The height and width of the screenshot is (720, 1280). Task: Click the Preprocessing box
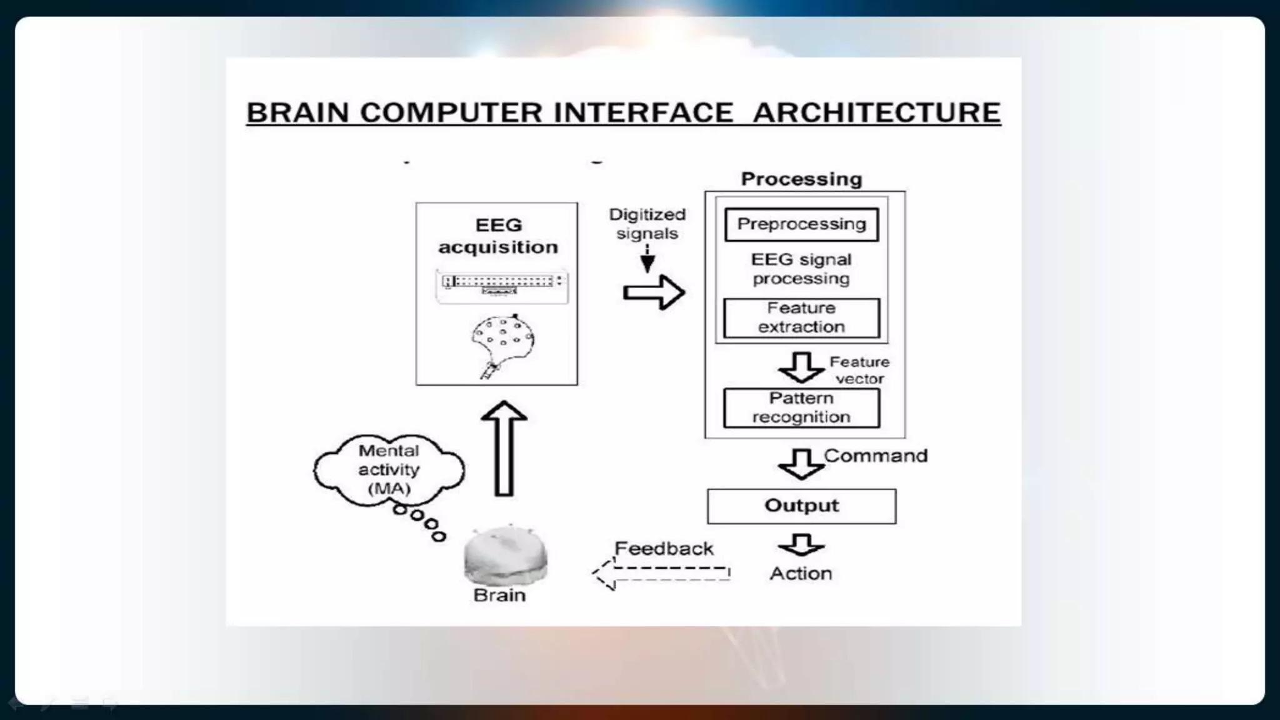pos(801,224)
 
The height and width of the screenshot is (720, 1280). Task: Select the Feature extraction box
pos(801,317)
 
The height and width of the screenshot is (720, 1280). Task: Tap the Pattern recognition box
pos(801,407)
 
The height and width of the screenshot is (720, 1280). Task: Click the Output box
pos(801,506)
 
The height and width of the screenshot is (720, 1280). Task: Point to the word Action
pos(801,574)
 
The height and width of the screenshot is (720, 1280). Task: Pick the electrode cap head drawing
pos(502,344)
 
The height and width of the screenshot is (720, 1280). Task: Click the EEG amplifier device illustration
pos(502,286)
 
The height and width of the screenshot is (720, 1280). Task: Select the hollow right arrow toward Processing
pos(654,292)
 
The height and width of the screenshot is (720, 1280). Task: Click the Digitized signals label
pos(647,224)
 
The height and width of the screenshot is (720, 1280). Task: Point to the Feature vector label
pos(859,370)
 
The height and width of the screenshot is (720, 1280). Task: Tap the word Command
pos(876,456)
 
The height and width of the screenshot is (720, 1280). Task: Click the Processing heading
pos(801,179)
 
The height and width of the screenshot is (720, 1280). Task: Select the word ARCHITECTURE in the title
pos(876,113)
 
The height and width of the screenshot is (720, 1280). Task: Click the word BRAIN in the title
pos(297,113)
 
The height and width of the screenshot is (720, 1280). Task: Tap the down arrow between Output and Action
pos(801,545)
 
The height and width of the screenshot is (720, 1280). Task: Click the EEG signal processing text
pos(801,269)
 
